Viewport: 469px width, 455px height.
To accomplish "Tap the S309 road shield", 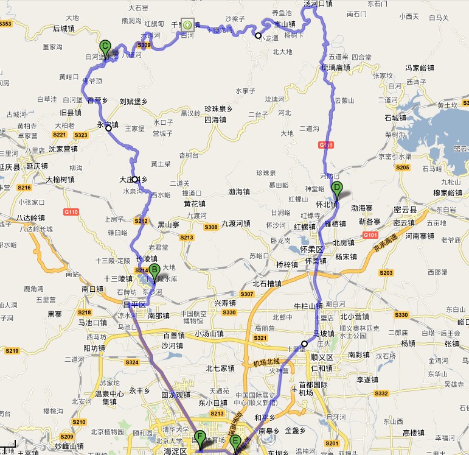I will click(144, 45).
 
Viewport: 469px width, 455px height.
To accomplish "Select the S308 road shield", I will click(210, 227).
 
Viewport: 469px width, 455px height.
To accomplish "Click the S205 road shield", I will click(403, 167).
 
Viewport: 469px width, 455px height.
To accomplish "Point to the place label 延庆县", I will click(10, 166).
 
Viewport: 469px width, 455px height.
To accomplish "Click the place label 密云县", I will click(405, 208).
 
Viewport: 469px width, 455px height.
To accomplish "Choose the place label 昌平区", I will click(135, 304).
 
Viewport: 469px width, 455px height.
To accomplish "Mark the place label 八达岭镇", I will click(30, 217).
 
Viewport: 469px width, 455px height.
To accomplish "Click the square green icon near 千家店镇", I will click(187, 25).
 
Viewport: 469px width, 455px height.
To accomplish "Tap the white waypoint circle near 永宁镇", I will click(108, 128).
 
